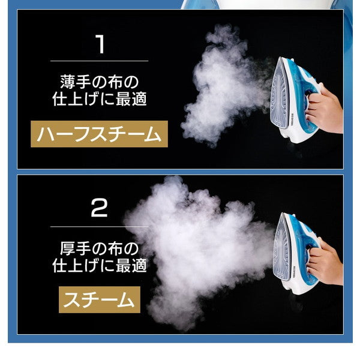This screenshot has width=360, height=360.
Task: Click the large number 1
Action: click(100, 44)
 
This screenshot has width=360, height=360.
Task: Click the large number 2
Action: click(99, 208)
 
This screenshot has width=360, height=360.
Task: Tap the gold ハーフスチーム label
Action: click(99, 134)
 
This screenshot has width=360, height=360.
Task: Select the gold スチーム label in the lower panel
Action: click(100, 299)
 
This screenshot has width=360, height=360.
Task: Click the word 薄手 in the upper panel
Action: click(76, 82)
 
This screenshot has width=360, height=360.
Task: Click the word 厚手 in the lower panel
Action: click(76, 248)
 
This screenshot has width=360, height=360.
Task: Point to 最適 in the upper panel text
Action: click(131, 99)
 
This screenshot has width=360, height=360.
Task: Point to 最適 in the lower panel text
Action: click(131, 265)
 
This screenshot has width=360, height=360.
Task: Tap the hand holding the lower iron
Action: click(325, 264)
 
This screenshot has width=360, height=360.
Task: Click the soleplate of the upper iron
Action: click(279, 94)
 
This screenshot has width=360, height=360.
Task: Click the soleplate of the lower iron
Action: click(281, 248)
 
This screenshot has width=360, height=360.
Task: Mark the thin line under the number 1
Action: click(100, 61)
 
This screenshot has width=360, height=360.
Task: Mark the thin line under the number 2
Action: click(100, 227)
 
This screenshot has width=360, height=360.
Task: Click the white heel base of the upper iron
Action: click(298, 136)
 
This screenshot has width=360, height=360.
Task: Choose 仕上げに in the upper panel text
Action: click(83, 99)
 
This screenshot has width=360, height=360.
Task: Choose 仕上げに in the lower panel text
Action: click(83, 265)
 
